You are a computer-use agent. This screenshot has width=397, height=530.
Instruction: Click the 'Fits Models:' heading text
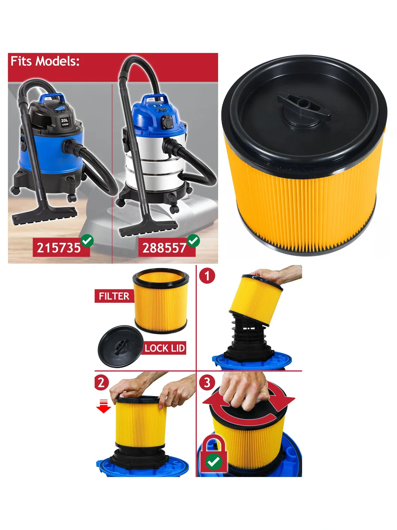pos(45,61)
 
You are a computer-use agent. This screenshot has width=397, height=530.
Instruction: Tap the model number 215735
pos(58,248)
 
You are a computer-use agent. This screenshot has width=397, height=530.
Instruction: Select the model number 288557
pos(165,248)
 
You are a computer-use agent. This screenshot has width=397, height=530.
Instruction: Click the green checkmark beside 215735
pos(87,241)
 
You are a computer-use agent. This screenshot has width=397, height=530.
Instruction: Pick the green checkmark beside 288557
pos(193,241)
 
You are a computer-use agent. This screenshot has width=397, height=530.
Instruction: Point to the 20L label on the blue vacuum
pos(64,120)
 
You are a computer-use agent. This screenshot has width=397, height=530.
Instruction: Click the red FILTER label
pos(114,296)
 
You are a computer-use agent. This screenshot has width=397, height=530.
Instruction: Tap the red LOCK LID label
pos(165,348)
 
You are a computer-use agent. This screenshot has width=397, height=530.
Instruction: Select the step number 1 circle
pos(207,276)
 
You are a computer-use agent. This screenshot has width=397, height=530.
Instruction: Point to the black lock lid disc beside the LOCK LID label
pos(120,346)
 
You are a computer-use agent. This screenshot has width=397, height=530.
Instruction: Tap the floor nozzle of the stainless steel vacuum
pos(149,228)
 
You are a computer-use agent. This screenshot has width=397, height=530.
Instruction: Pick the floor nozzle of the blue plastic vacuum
pos(45,215)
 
